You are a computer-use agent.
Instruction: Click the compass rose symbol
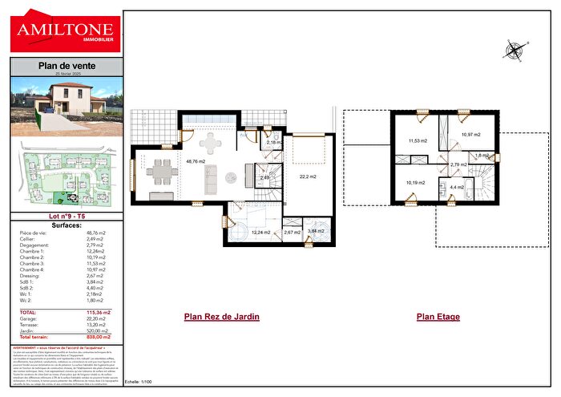[513, 51]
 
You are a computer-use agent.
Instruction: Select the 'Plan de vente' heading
[66, 66]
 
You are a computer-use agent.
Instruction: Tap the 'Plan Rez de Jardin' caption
[222, 317]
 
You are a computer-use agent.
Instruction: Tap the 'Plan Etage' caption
[438, 317]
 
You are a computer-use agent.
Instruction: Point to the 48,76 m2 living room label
[196, 161]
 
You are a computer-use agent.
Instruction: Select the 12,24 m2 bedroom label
[261, 232]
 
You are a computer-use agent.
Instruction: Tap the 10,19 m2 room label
[415, 183]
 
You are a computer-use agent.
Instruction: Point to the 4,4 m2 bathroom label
[457, 187]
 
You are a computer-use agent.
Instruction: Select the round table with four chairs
[212, 144]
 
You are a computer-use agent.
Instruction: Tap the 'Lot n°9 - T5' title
[66, 217]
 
